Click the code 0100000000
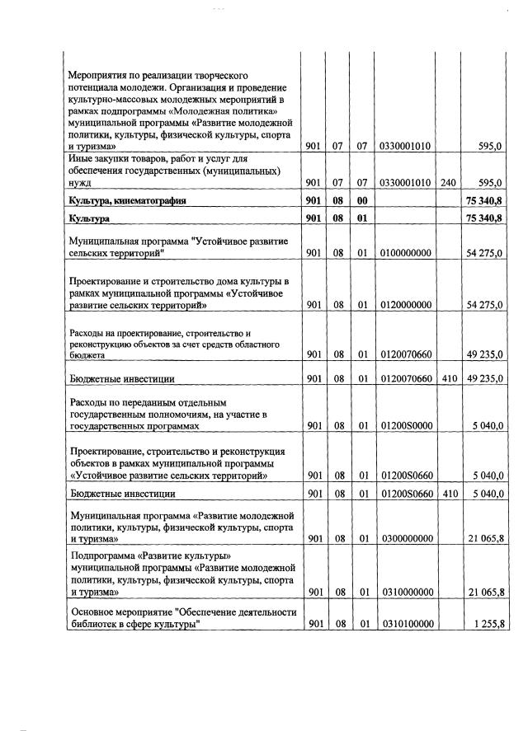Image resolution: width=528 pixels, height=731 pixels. point(406,255)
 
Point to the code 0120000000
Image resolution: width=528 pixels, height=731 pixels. point(406,305)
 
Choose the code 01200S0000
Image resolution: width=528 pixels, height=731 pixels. point(406,426)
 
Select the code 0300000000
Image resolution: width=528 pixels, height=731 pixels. point(406,539)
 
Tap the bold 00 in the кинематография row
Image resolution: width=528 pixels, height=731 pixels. point(361,200)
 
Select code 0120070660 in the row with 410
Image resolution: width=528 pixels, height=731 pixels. point(406,380)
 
